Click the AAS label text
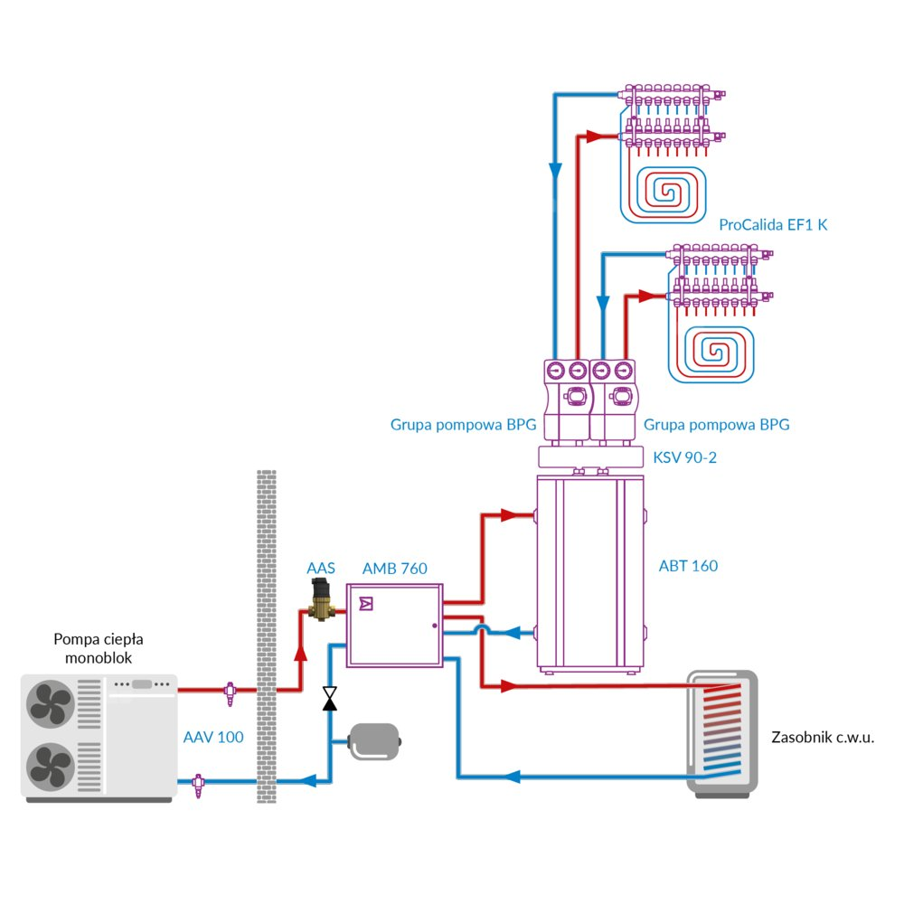(321, 568)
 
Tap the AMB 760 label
(394, 569)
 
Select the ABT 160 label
(688, 567)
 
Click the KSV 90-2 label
(684, 457)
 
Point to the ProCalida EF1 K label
(773, 224)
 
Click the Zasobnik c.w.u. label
(823, 737)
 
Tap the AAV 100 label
(213, 737)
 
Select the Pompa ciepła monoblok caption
(99, 649)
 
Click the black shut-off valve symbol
(330, 698)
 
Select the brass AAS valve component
(320, 600)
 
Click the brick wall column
(266, 633)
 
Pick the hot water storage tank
(721, 732)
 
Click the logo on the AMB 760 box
(366, 603)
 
